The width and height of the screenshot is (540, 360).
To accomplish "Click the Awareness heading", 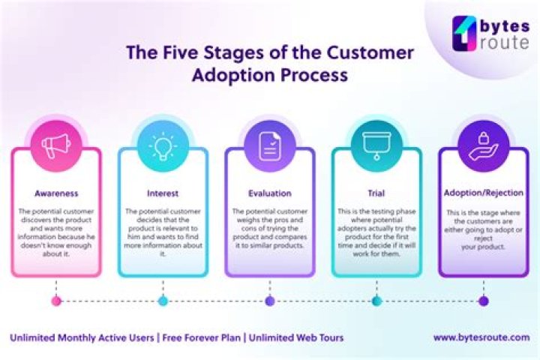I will point(56,193).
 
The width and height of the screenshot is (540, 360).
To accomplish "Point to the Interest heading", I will point(163,193).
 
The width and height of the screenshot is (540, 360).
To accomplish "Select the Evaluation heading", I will point(270,193).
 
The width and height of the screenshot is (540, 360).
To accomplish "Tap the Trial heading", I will point(376,193).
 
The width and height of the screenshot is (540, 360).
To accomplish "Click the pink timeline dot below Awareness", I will point(56,301).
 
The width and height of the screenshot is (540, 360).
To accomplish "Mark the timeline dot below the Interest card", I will point(163,301).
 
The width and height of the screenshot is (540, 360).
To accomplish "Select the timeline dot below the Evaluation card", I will point(270,301).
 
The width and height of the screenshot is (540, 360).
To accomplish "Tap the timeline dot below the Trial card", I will point(376,301).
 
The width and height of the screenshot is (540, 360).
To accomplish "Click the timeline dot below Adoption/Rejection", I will point(484,301).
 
